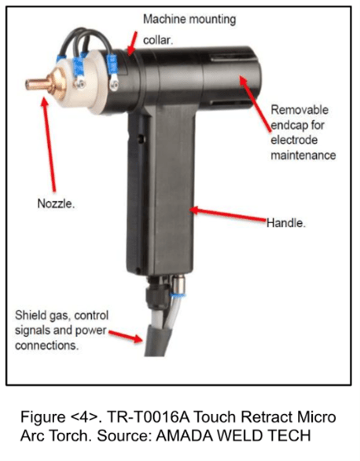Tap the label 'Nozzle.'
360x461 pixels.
[x=56, y=203]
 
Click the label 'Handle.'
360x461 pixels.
[x=286, y=223]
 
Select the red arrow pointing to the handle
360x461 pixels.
[x=228, y=214]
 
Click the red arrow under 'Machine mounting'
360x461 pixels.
[x=132, y=43]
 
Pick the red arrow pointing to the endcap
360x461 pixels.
[x=255, y=102]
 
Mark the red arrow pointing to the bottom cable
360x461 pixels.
[x=126, y=336]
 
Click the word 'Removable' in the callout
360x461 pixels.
[x=299, y=110]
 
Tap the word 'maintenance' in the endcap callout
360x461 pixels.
[x=303, y=155]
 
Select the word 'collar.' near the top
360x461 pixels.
[x=158, y=40]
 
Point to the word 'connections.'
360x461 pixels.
[x=47, y=346]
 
